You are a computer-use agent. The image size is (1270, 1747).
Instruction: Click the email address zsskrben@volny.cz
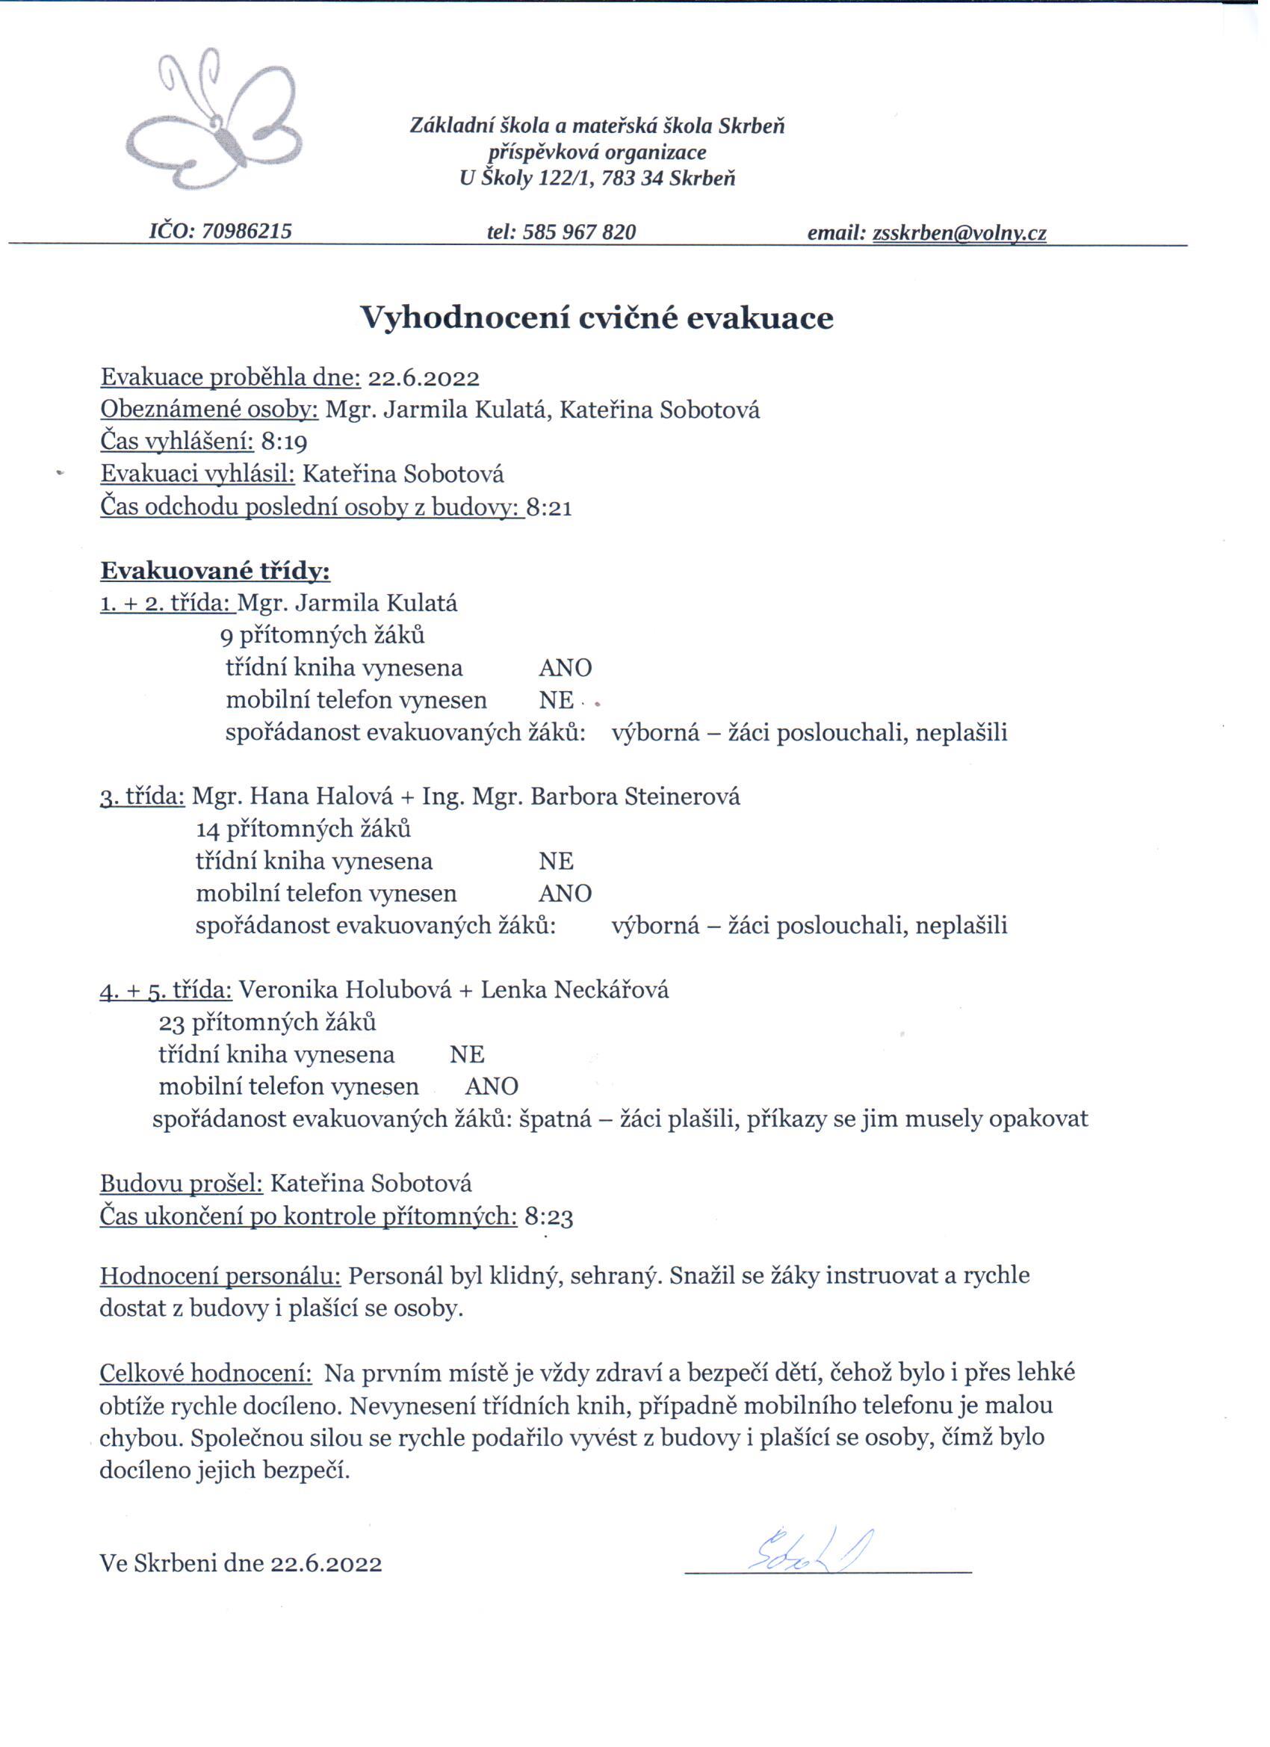point(959,232)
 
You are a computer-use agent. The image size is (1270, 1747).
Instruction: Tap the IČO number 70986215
point(247,231)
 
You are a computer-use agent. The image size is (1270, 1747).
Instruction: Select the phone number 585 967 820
point(578,232)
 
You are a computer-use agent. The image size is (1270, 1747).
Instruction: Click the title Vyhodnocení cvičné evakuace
point(598,318)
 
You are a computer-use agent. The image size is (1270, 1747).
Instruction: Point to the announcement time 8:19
point(284,442)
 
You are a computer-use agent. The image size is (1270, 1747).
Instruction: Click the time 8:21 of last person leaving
point(549,508)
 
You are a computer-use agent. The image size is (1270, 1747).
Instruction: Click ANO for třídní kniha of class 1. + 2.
point(565,668)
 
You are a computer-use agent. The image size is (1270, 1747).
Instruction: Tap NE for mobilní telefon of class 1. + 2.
point(556,700)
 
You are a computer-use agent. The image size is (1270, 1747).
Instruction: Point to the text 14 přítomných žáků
point(303,829)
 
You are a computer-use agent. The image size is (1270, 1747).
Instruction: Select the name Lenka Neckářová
point(574,990)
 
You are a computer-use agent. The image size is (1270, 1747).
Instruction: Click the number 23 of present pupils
point(172,1023)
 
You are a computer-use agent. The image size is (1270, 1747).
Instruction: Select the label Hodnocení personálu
point(220,1276)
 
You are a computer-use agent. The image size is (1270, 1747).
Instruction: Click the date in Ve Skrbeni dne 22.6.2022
point(326,1565)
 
